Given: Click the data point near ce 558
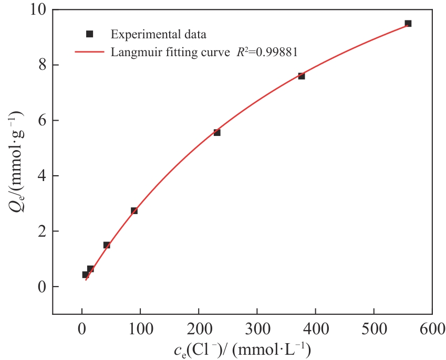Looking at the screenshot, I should [x=408, y=24].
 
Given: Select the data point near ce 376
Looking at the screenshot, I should [x=302, y=76].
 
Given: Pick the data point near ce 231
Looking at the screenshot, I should [x=217, y=132].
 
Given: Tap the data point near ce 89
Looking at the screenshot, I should [x=134, y=210].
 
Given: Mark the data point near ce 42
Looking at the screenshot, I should [x=107, y=245].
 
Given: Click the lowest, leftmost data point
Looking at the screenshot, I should [x=85, y=274].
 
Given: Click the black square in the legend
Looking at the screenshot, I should [x=89, y=34].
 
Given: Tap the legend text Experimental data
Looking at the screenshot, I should [x=158, y=35].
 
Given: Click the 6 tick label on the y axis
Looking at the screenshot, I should [x=42, y=121].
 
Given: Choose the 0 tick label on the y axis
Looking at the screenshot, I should [x=42, y=287].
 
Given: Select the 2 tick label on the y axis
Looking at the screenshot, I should [x=42, y=231].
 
